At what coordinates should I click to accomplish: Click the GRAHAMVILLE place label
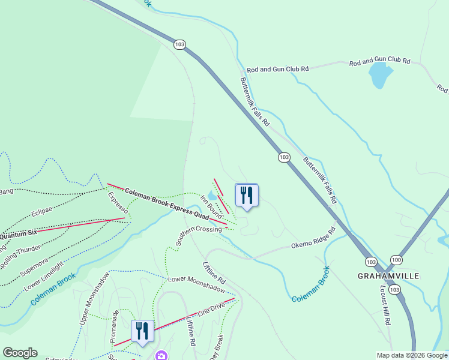coord(387,275)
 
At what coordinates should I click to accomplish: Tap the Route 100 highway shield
coord(396,259)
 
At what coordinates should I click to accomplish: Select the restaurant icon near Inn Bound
coord(246,195)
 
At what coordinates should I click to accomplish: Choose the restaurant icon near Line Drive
coord(143,331)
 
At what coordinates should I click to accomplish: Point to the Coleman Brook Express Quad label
coord(166,203)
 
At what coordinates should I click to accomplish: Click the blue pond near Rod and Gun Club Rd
coord(380,74)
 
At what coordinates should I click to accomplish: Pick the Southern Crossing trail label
coord(199,236)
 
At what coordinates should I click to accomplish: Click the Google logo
coord(20,353)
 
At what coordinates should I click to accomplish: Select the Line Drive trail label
coord(206,311)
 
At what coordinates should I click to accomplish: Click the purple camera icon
coord(161,356)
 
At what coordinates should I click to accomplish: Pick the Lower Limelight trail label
coord(44,277)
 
